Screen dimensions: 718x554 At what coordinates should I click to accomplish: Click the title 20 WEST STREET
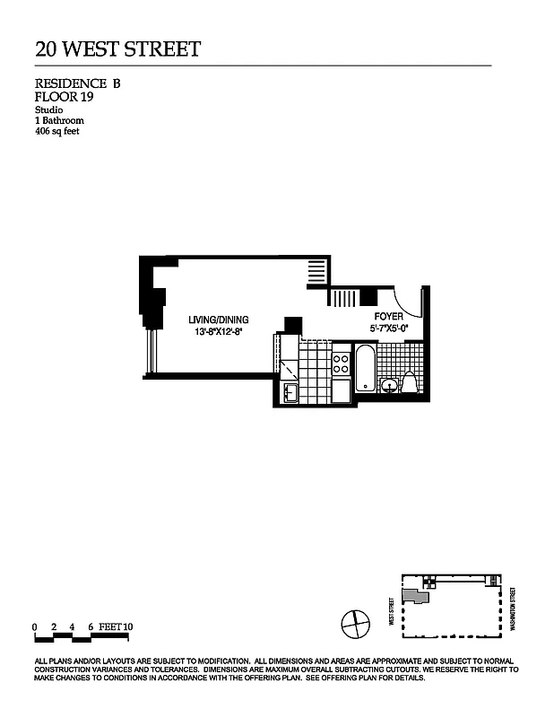click(x=117, y=48)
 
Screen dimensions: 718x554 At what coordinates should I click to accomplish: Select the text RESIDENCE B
click(x=77, y=83)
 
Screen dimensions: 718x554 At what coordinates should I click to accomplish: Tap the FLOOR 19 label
click(x=64, y=96)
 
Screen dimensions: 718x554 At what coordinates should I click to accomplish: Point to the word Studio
click(x=48, y=109)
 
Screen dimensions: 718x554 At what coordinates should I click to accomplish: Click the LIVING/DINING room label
click(x=218, y=320)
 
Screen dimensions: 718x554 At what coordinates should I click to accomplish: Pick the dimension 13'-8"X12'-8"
click(x=218, y=332)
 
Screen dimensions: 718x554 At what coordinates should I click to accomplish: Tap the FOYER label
click(x=388, y=317)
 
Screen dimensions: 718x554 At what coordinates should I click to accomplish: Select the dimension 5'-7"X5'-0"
click(x=388, y=329)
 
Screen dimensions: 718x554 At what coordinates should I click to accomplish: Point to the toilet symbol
click(x=411, y=383)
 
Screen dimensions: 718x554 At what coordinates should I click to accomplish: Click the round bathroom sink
click(x=390, y=386)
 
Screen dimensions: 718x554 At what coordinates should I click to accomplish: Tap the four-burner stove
click(x=342, y=363)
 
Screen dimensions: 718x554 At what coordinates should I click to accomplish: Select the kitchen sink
click(x=290, y=392)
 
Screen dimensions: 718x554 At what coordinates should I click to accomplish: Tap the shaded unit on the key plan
click(x=413, y=595)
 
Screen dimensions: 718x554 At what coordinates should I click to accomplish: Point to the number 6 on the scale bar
click(x=91, y=626)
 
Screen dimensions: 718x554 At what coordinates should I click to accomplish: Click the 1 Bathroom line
click(x=59, y=119)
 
